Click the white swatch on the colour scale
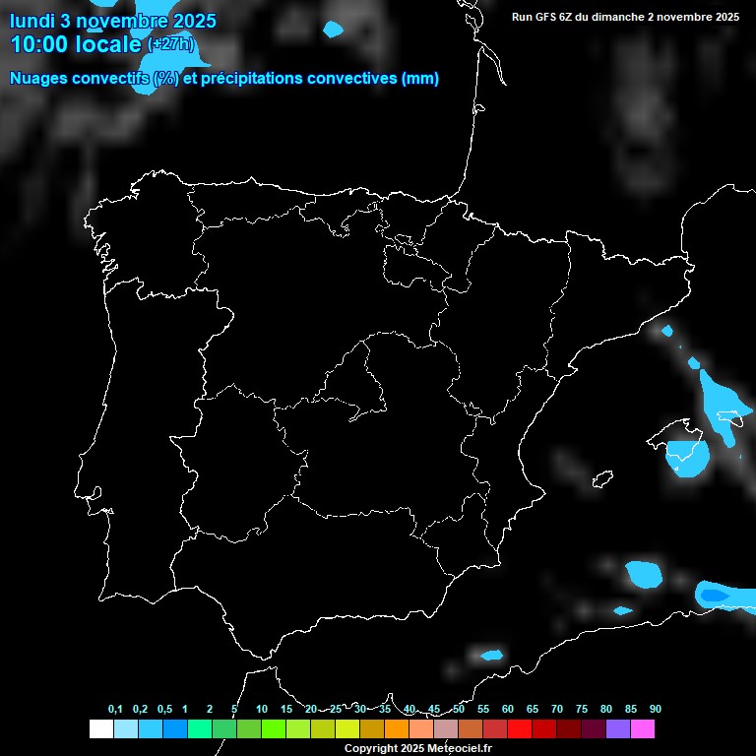[x=100, y=728]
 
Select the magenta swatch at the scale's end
[x=642, y=728]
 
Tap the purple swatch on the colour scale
[x=617, y=728]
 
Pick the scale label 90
[x=655, y=709]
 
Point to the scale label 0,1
[x=115, y=709]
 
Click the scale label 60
[x=507, y=709]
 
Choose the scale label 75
[x=581, y=709]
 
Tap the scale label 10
[x=261, y=709]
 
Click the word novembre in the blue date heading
[x=120, y=20]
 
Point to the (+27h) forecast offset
[x=171, y=44]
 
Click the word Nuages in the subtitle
[x=38, y=79]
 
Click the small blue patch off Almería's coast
[x=490, y=655]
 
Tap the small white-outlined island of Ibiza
[x=602, y=479]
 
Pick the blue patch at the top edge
[x=333, y=30]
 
